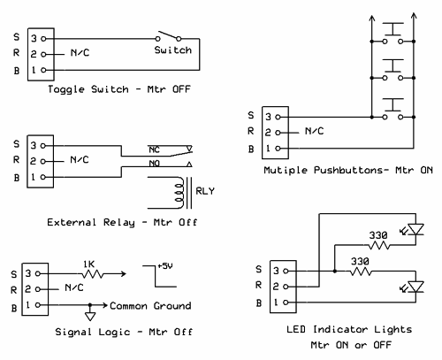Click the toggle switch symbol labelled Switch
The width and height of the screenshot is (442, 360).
click(168, 36)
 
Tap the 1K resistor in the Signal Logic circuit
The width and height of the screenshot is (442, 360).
click(93, 274)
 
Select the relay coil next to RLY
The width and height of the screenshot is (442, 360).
click(179, 193)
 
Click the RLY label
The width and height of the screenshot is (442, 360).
click(205, 191)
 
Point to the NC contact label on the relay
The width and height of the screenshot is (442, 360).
click(154, 149)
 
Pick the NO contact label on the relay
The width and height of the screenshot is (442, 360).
click(154, 164)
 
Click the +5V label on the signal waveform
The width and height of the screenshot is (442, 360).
click(165, 266)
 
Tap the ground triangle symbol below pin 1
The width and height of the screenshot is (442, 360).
click(90, 317)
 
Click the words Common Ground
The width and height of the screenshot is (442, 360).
click(150, 306)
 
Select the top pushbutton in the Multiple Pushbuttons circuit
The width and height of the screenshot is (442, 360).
click(392, 33)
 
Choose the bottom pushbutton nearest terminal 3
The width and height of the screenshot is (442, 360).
click(392, 109)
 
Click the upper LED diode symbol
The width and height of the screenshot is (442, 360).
click(415, 229)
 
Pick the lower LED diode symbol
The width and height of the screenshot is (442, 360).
click(415, 287)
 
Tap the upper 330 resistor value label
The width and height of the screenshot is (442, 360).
click(378, 235)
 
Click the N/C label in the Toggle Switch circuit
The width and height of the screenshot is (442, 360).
click(80, 53)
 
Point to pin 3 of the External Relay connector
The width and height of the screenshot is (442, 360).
click(43, 146)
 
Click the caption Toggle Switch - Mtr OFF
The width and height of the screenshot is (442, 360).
click(119, 89)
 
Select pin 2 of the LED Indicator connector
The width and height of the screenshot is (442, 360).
click(286, 287)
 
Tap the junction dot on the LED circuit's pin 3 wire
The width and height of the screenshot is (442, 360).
click(334, 271)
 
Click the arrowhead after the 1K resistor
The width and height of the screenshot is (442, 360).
click(124, 274)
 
